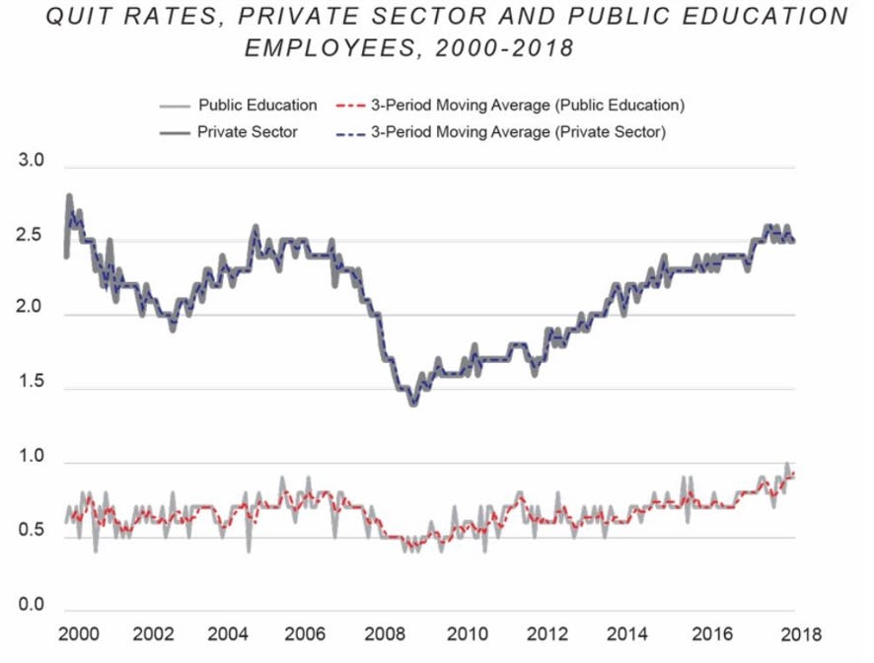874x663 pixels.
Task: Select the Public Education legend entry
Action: pos(257,105)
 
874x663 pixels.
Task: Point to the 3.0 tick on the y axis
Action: pos(33,162)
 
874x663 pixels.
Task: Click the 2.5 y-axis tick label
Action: pos(33,236)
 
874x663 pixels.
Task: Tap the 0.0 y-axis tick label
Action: pos(33,605)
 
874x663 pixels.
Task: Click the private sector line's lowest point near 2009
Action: pos(413,404)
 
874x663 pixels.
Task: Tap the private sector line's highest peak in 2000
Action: pos(69,196)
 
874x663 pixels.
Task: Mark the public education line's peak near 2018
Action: pos(787,465)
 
